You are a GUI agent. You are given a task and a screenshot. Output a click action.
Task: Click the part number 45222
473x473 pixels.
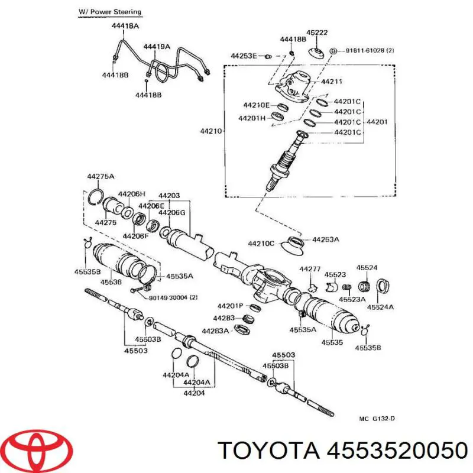(x=316, y=33)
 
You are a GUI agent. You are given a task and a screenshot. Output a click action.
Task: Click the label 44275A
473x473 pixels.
(x=101, y=177)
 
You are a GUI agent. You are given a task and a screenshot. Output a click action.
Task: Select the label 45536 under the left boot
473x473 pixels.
(x=111, y=283)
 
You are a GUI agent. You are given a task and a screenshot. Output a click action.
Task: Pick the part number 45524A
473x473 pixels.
(x=380, y=307)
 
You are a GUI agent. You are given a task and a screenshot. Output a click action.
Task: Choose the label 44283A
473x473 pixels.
(x=216, y=331)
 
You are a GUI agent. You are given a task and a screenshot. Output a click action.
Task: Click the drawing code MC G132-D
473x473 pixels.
(x=377, y=419)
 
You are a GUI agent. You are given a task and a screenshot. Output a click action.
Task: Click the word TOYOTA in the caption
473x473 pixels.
(x=264, y=451)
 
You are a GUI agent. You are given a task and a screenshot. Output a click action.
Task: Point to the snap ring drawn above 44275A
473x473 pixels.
(x=96, y=196)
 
